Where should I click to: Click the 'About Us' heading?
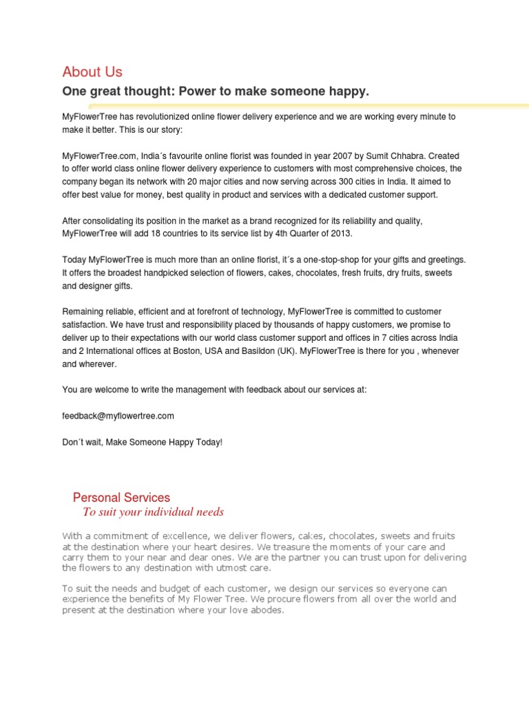pos(92,72)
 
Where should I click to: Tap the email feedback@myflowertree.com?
pos(118,416)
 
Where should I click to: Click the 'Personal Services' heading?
pos(121,497)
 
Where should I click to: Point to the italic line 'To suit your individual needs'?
pos(153,512)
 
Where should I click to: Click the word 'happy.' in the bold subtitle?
pos(350,92)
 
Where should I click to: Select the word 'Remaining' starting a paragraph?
pos(84,312)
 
